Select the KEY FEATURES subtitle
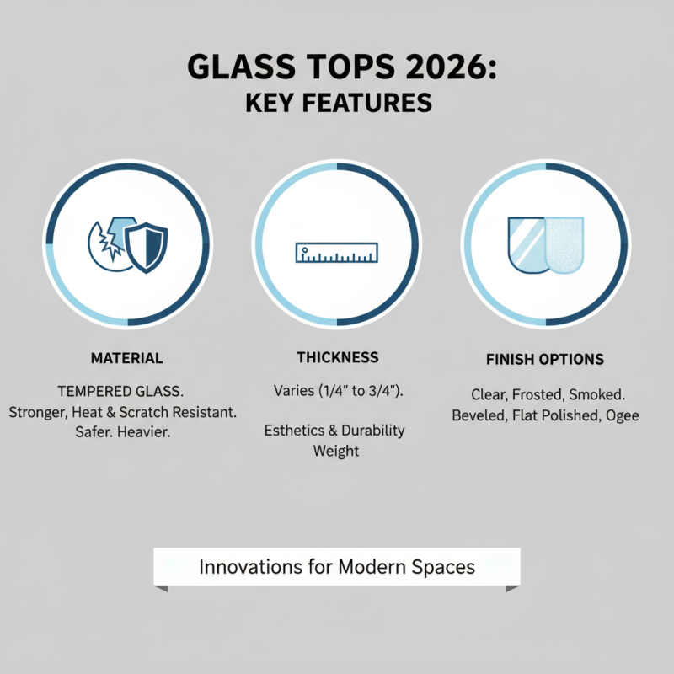tap(337, 104)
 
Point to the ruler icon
tap(337, 251)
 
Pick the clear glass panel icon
tap(527, 243)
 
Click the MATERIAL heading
tap(126, 358)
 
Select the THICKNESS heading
tap(337, 357)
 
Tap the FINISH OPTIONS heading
tap(545, 359)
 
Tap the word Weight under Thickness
tap(336, 451)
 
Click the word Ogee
tap(621, 415)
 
